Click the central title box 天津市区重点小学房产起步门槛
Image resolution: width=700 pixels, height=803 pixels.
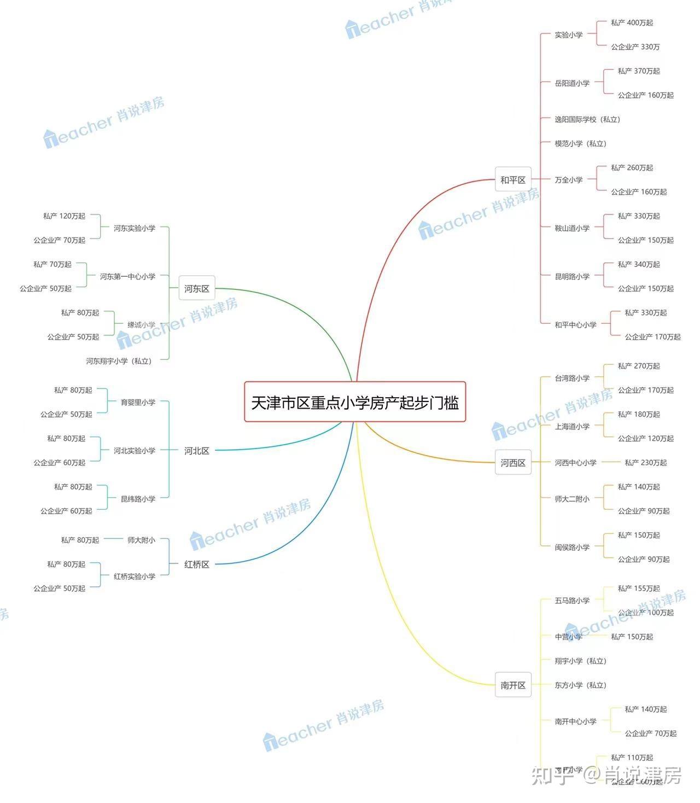click(x=354, y=402)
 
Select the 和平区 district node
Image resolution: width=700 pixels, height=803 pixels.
click(x=512, y=179)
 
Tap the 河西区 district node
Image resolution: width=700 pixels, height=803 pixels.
click(x=512, y=463)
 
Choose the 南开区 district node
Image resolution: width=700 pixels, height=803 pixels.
click(x=512, y=685)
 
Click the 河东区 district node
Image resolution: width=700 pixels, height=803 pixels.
click(x=196, y=288)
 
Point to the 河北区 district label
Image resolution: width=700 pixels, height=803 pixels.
click(x=196, y=451)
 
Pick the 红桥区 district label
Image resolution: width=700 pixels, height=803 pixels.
click(x=196, y=564)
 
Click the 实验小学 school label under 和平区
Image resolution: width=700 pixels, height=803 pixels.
click(x=568, y=35)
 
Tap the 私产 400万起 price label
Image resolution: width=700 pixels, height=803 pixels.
click(x=632, y=22)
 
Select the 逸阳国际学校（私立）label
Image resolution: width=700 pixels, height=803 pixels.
click(x=587, y=119)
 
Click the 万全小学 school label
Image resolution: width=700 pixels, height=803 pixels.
click(x=568, y=179)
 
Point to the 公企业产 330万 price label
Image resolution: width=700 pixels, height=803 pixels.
click(x=635, y=47)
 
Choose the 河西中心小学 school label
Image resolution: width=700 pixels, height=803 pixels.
click(x=575, y=463)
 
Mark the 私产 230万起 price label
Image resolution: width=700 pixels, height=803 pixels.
click(x=645, y=463)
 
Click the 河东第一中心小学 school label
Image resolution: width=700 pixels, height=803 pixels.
click(x=127, y=277)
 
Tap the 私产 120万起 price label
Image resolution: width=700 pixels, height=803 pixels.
click(x=64, y=216)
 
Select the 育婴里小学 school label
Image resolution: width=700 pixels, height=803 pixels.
click(x=138, y=402)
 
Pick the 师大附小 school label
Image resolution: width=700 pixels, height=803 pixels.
click(x=141, y=540)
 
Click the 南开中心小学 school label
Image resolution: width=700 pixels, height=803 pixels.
click(x=575, y=721)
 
